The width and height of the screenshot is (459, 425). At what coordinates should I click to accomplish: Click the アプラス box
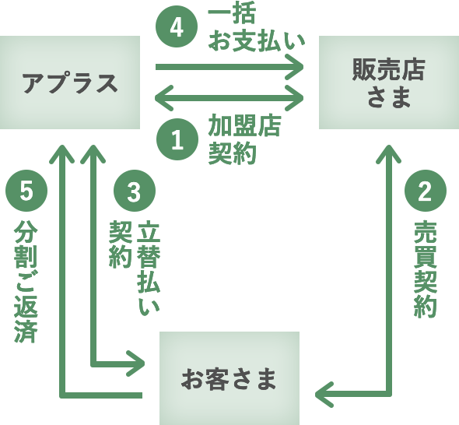[x=70, y=82]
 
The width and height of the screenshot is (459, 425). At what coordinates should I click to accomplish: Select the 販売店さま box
[x=388, y=82]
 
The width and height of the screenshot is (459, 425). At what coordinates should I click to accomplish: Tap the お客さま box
[x=229, y=378]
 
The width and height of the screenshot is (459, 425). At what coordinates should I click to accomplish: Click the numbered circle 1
[x=177, y=140]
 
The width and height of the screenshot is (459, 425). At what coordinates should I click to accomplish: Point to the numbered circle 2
[x=425, y=191]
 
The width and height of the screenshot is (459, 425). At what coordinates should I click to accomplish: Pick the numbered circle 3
[x=134, y=191]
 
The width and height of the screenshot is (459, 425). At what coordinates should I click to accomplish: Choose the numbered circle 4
[x=177, y=28]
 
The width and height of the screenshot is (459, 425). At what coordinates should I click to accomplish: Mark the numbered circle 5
[x=26, y=191]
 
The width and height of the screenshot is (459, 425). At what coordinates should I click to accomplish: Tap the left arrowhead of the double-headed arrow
[x=163, y=98]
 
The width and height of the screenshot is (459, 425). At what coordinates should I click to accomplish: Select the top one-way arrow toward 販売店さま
[x=229, y=67]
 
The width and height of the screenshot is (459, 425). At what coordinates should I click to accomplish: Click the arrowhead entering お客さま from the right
[x=323, y=394]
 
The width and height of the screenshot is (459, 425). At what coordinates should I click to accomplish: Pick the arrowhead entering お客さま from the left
[x=138, y=364]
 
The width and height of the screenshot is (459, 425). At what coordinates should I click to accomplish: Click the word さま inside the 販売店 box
[x=388, y=97]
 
